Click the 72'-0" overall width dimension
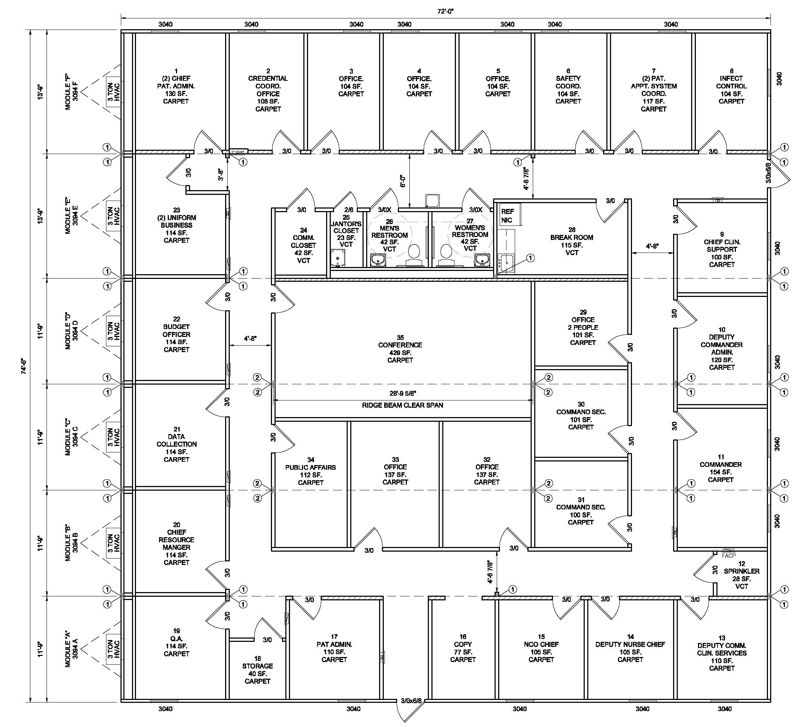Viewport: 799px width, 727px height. (445, 11)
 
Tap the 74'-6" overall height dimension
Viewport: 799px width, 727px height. (24, 367)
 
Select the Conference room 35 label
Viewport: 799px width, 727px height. (400, 349)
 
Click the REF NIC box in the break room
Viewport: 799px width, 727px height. (508, 216)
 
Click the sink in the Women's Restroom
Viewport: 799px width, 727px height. (482, 260)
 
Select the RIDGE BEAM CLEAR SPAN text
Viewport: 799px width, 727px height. (402, 405)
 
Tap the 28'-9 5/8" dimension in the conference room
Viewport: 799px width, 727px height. (402, 393)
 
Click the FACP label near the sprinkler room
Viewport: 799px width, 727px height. (728, 555)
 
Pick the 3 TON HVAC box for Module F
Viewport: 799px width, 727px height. (113, 92)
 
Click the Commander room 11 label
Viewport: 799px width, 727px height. (720, 468)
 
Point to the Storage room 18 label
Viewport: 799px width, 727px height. (257, 670)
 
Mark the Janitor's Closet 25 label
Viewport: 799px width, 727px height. (346, 231)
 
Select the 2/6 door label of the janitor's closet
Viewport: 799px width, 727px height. (348, 209)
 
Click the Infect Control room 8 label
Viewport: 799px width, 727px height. (731, 86)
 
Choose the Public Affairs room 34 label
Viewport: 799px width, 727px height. (311, 471)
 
